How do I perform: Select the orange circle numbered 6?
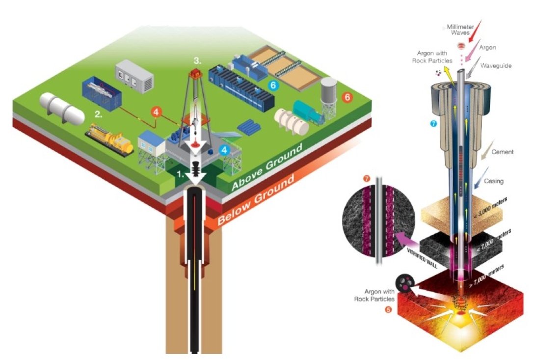pos(347,97)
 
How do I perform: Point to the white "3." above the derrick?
pos(197,61)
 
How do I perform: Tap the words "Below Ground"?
pos(257,202)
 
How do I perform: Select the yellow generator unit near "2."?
pos(110,139)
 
